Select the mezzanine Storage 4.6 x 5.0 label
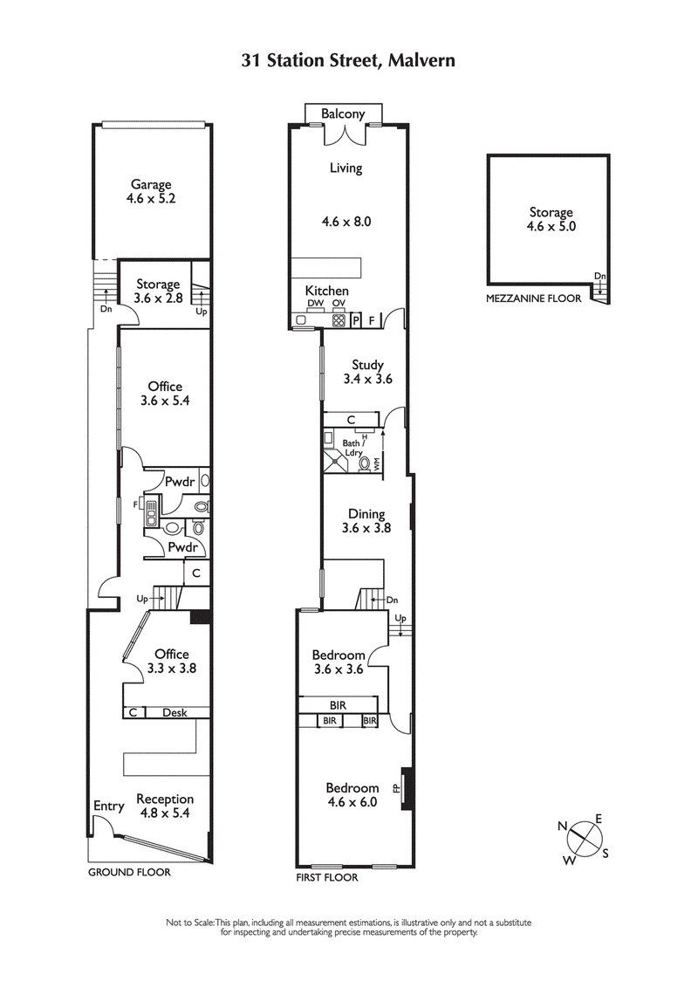coord(551,219)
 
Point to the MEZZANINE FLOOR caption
coord(533,298)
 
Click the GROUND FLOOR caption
coord(129,872)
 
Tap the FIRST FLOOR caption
coord(326,878)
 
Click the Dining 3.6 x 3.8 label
coord(366,521)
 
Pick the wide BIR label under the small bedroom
coord(339,703)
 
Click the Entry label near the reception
coord(108,806)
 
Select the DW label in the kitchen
coord(315,304)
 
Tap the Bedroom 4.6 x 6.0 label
coord(352,795)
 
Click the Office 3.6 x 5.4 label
coord(165,394)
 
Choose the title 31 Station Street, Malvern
coord(348,60)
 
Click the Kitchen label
coord(326,291)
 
